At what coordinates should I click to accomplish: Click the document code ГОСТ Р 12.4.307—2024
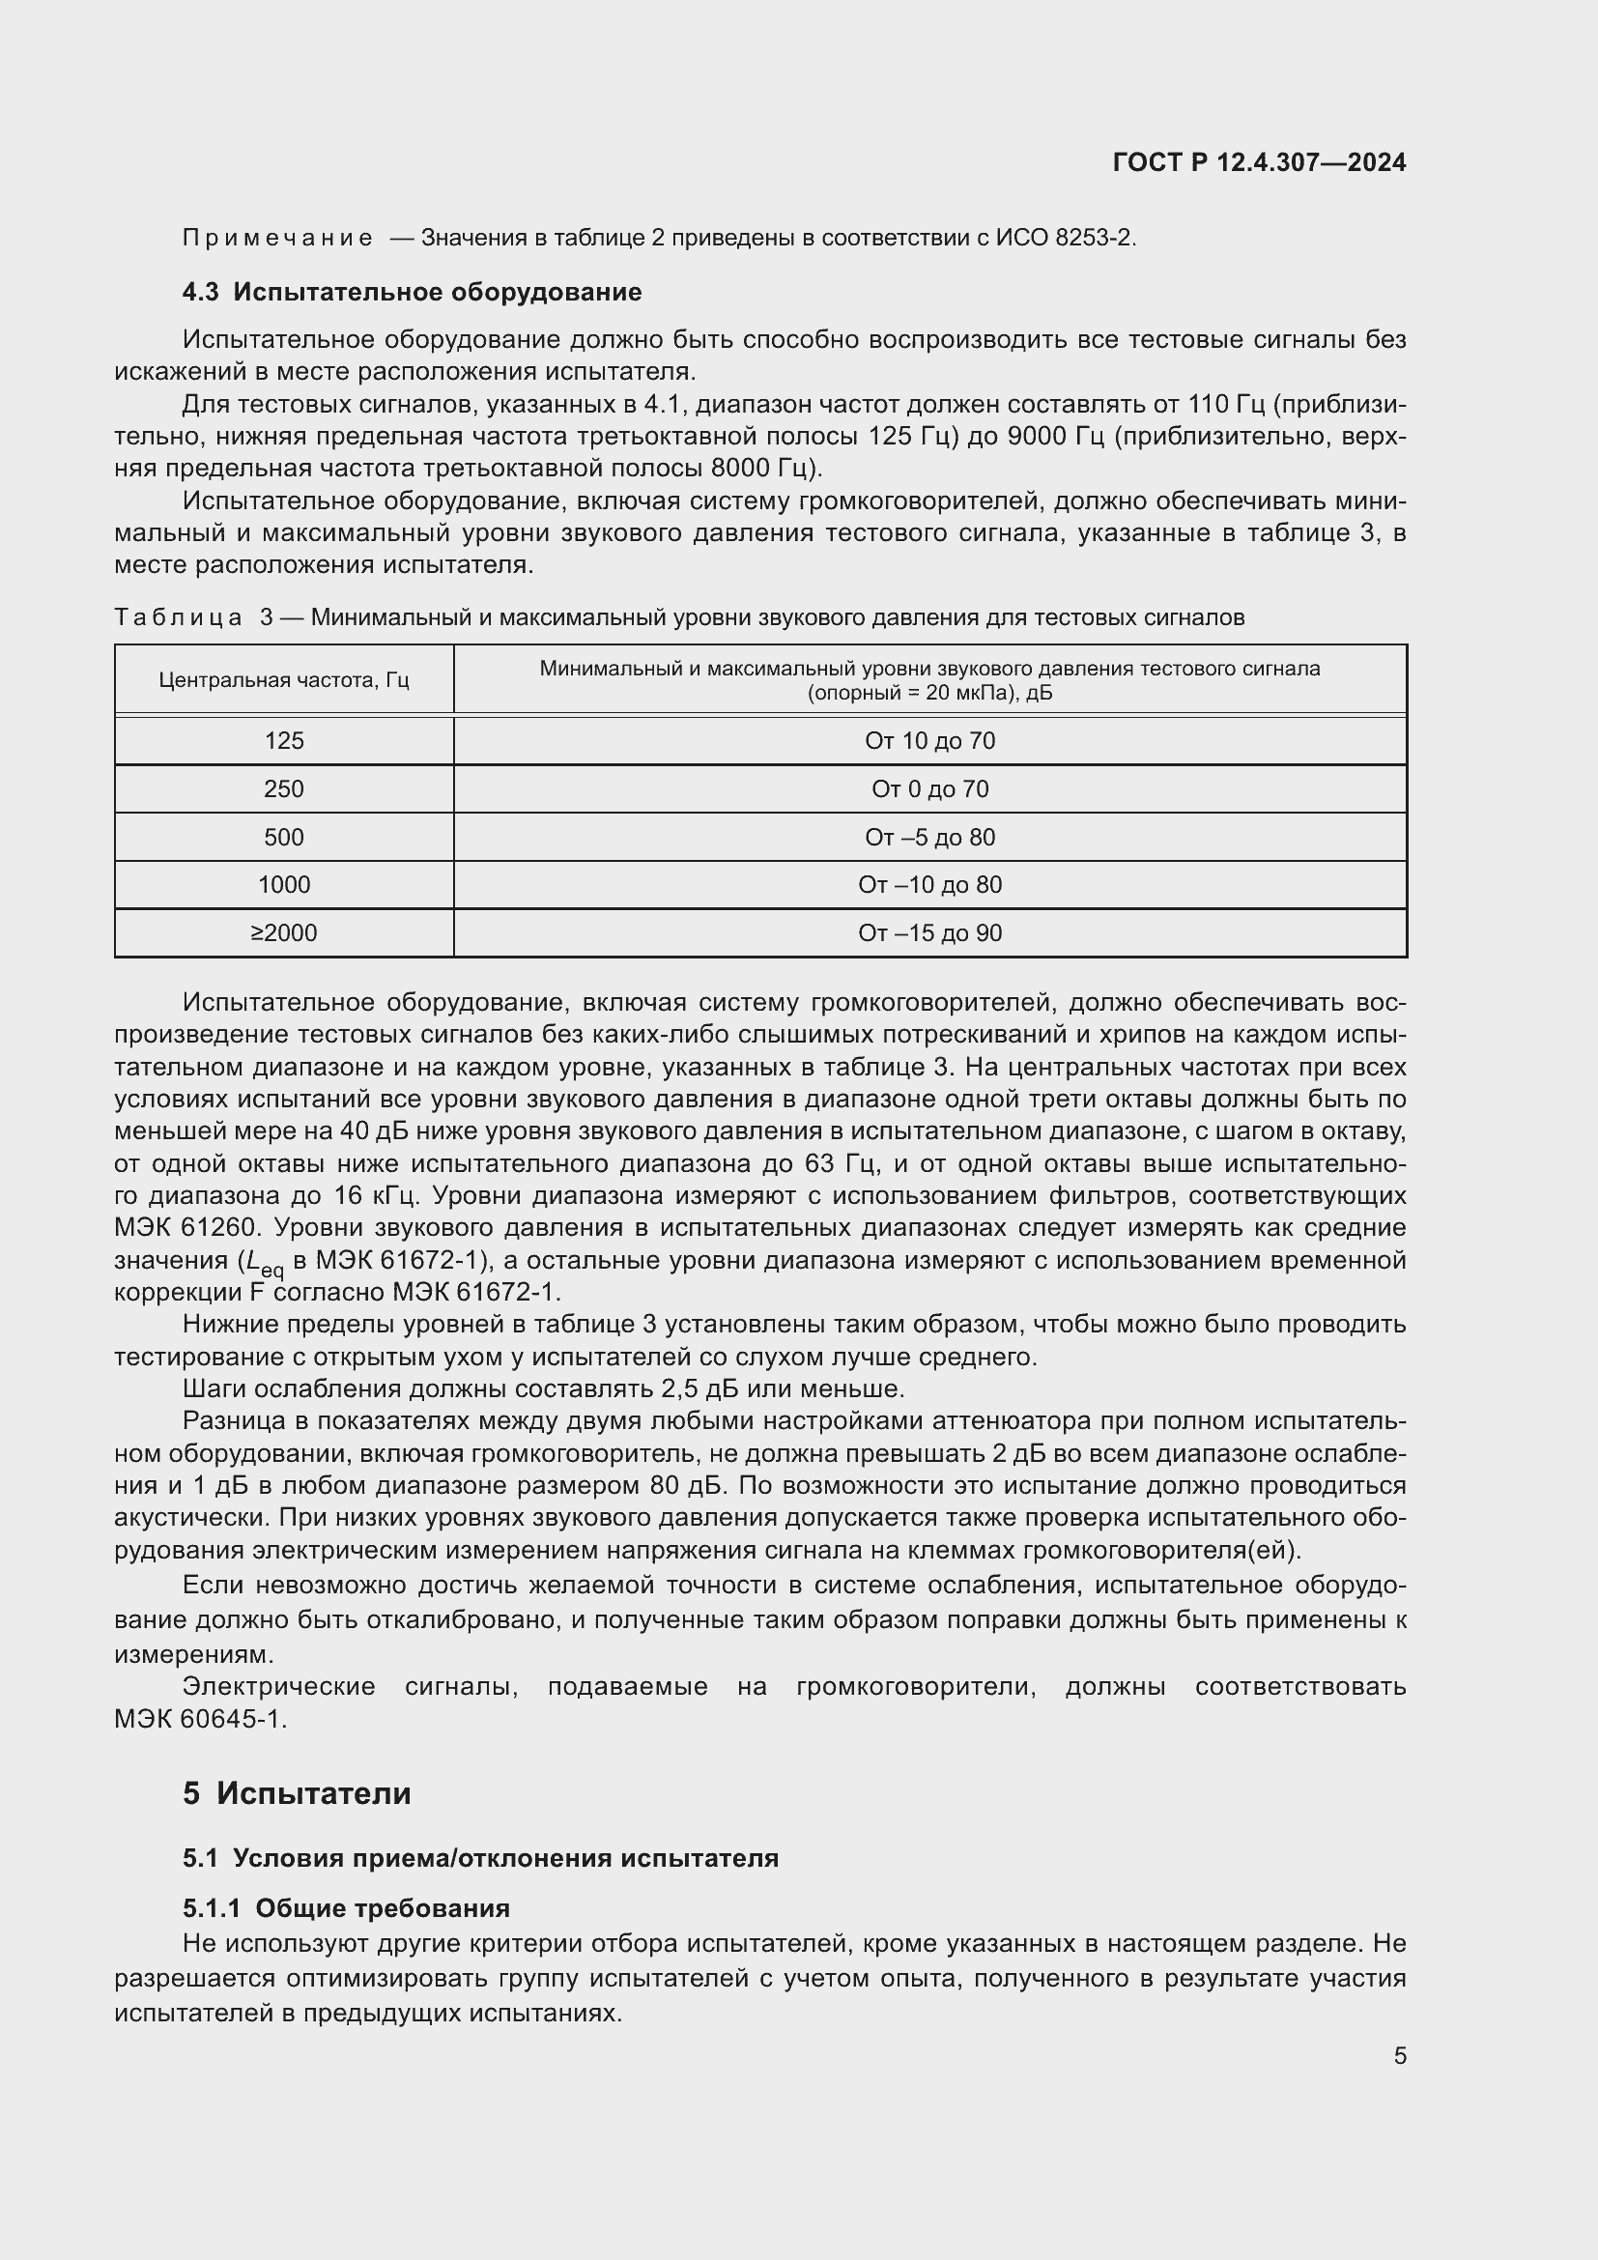coord(1259,162)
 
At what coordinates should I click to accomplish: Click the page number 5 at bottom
coord(1399,2055)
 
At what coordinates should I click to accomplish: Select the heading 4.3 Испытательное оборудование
coord(412,292)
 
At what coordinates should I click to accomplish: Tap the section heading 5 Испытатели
coord(297,1793)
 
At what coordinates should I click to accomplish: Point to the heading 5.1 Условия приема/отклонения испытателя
coord(480,1858)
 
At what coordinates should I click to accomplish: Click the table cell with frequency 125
coord(283,741)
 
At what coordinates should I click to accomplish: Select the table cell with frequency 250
coord(283,789)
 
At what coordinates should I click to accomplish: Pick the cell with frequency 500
coord(283,838)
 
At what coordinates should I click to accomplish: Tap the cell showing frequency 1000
coord(283,885)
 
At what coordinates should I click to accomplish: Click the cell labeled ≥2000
coord(283,933)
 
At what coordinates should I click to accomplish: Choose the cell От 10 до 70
coord(929,741)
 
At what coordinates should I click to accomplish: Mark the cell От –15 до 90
coord(929,933)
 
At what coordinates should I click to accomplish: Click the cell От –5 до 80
coord(929,838)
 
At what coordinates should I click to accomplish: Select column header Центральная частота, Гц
coord(283,680)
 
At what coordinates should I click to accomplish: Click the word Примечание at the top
coord(277,239)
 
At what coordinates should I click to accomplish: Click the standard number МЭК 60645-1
coord(200,1720)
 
